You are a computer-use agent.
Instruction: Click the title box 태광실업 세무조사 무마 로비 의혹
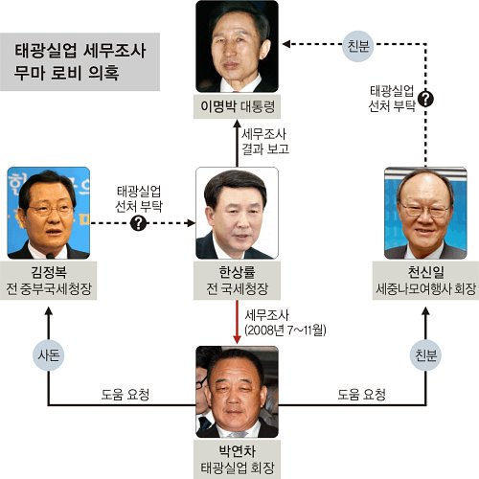click(x=80, y=62)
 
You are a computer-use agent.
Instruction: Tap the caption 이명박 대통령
click(x=238, y=106)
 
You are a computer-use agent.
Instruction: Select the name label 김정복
click(x=49, y=272)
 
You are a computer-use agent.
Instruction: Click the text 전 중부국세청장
click(x=49, y=289)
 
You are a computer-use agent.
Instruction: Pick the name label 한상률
click(x=237, y=272)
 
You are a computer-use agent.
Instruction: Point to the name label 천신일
click(x=425, y=272)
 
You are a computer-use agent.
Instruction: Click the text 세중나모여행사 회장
click(x=425, y=289)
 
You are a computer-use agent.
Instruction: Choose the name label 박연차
click(x=237, y=451)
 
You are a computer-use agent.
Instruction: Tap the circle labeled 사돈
click(x=49, y=354)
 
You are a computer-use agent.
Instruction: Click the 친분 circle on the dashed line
click(x=358, y=46)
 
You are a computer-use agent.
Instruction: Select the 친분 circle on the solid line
click(x=425, y=354)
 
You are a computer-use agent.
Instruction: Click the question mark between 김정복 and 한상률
click(x=138, y=223)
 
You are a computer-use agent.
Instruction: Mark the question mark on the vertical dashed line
click(x=425, y=99)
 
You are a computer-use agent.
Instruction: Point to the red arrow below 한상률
click(x=237, y=322)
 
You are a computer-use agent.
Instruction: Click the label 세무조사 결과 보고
click(x=265, y=142)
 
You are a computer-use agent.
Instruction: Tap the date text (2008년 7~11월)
click(x=285, y=330)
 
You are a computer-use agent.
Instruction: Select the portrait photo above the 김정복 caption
click(x=49, y=213)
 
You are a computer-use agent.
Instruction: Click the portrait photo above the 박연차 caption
click(x=237, y=392)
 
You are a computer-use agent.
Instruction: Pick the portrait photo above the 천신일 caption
click(x=425, y=213)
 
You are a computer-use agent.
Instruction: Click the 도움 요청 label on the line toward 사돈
click(x=125, y=395)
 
